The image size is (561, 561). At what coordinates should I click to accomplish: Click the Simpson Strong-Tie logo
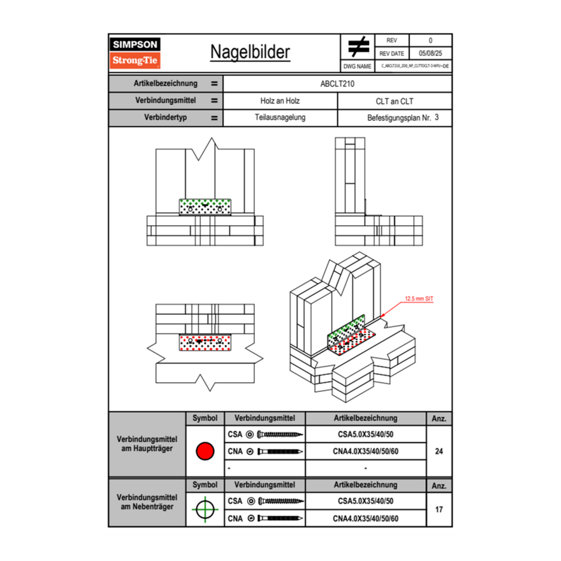coord(136,53)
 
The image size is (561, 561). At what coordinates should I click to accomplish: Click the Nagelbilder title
coord(250,52)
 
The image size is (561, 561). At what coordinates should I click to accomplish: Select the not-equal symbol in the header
coord(358,47)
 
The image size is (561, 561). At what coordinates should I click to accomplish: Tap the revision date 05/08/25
coord(430,54)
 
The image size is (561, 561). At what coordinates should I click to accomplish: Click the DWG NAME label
coord(357,66)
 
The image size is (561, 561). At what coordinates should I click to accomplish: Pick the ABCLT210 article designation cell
coord(337,84)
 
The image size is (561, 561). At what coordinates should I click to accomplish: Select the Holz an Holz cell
coord(280,101)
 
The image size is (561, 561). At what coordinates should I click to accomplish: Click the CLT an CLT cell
coord(395,101)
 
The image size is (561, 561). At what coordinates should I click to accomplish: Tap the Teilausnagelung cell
coord(280,118)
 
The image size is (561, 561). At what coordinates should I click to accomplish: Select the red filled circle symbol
coord(205,451)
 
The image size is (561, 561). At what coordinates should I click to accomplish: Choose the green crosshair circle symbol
coord(205,510)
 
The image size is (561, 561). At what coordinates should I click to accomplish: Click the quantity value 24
coord(439,451)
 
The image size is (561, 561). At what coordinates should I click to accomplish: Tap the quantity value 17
coord(439,510)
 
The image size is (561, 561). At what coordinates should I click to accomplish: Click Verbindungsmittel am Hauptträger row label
coord(147,444)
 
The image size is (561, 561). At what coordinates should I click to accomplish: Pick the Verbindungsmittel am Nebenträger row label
coord(147,502)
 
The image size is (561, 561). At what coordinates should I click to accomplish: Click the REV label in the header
coord(391,40)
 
